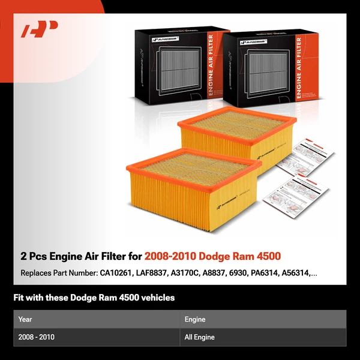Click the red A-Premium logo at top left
(x=39, y=29)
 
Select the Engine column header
(x=195, y=320)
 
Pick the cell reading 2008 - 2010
(x=36, y=337)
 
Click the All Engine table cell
(x=200, y=337)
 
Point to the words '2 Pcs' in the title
(x=34, y=256)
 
